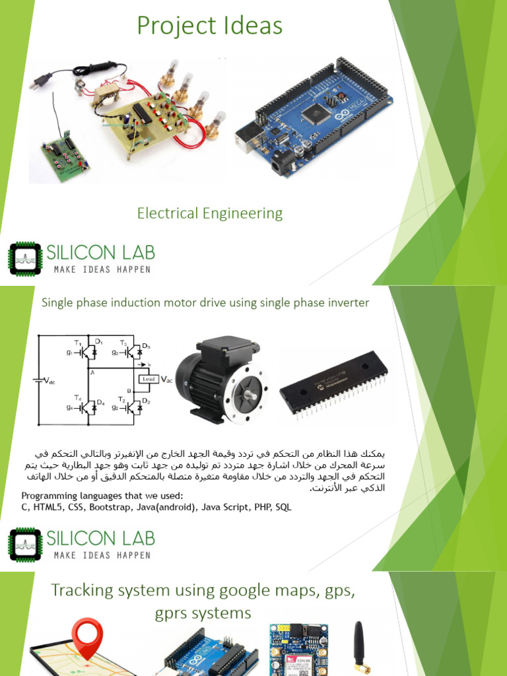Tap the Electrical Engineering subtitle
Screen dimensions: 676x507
[210, 213]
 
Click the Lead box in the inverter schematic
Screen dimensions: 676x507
[148, 378]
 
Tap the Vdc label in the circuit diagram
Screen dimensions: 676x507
[50, 380]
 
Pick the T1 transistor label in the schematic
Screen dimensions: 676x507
[77, 342]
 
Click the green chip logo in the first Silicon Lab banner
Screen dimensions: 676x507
[24, 259]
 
